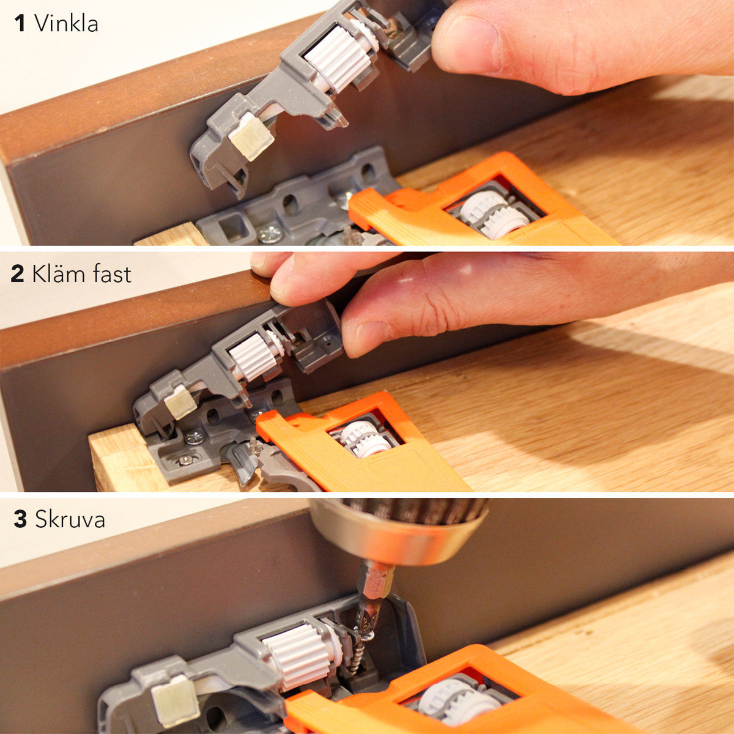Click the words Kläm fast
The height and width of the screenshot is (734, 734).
click(81, 273)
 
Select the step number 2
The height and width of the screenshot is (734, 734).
click(18, 273)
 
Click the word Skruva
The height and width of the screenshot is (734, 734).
click(70, 519)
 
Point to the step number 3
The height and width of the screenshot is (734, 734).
click(20, 519)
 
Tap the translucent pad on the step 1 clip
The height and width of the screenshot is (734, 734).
click(251, 135)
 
